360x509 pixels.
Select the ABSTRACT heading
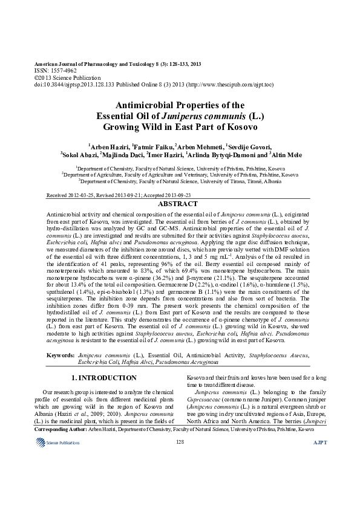(180, 204)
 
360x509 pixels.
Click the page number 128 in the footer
(180, 459)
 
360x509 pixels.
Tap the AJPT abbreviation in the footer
(320, 459)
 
